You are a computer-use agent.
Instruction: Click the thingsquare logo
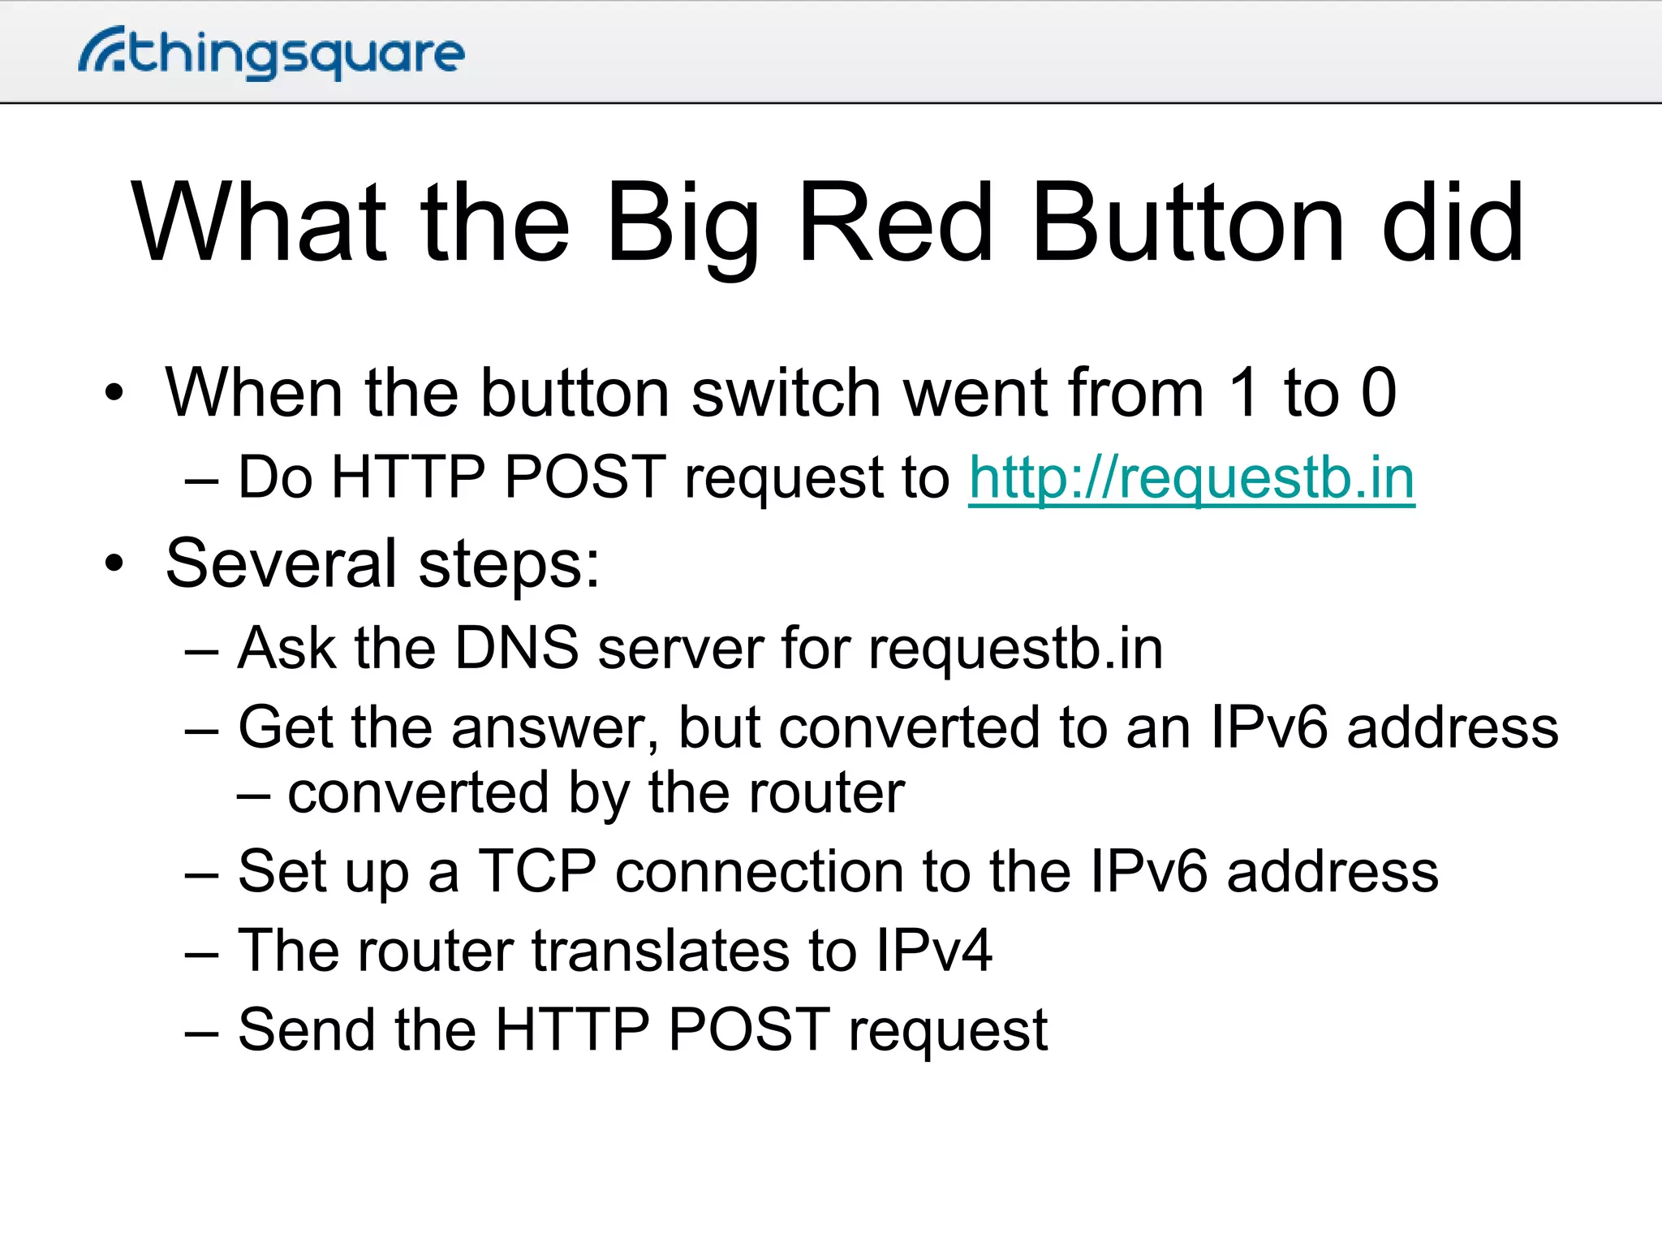click(x=271, y=53)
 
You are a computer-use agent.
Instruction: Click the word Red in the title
click(x=896, y=223)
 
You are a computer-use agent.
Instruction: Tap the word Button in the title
click(x=1188, y=223)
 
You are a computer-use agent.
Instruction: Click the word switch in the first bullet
click(x=786, y=393)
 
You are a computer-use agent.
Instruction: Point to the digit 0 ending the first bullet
click(x=1378, y=393)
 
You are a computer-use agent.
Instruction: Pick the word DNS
click(x=516, y=649)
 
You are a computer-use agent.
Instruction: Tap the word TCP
click(x=537, y=872)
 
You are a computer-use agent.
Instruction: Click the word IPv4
click(x=933, y=951)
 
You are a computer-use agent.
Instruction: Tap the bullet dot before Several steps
click(x=114, y=563)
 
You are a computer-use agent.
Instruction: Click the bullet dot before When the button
click(x=114, y=393)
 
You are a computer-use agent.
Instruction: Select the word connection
click(x=759, y=872)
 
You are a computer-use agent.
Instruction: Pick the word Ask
click(x=286, y=649)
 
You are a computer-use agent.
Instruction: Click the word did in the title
click(x=1453, y=223)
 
